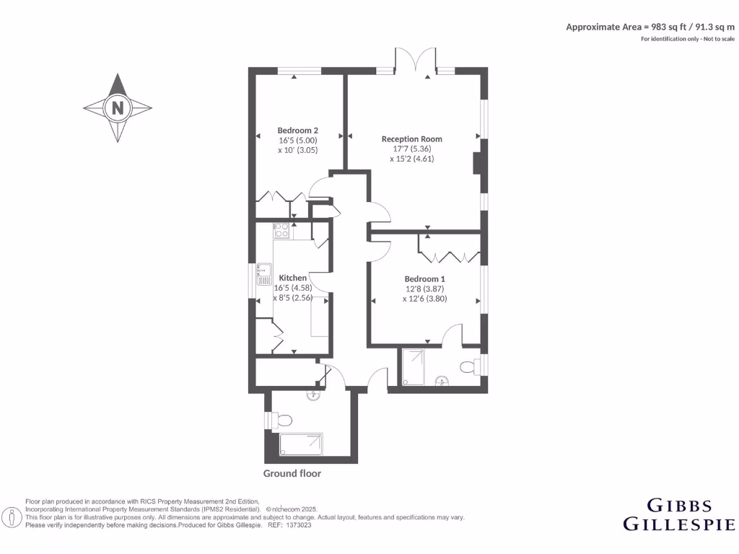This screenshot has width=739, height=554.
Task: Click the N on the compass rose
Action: (117, 108)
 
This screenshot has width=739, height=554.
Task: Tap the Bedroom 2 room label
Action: (297, 131)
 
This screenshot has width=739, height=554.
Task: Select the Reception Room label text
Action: (411, 139)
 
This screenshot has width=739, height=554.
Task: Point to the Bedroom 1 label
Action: (424, 279)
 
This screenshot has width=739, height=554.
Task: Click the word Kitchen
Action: (292, 278)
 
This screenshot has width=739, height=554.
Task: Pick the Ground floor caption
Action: (292, 473)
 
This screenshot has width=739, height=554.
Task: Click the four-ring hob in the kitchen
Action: (281, 231)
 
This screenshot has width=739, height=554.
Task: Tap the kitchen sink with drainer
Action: (263, 278)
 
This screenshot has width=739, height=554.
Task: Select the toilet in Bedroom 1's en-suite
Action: (468, 367)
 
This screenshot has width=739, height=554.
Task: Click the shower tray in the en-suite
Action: (414, 366)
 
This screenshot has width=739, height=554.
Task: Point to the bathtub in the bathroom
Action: (301, 444)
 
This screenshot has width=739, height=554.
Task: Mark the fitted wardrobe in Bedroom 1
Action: (449, 256)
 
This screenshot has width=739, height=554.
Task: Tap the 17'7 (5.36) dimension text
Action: (411, 149)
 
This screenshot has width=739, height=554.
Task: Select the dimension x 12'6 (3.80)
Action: (424, 298)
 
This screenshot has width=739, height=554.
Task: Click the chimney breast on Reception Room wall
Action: (478, 163)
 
